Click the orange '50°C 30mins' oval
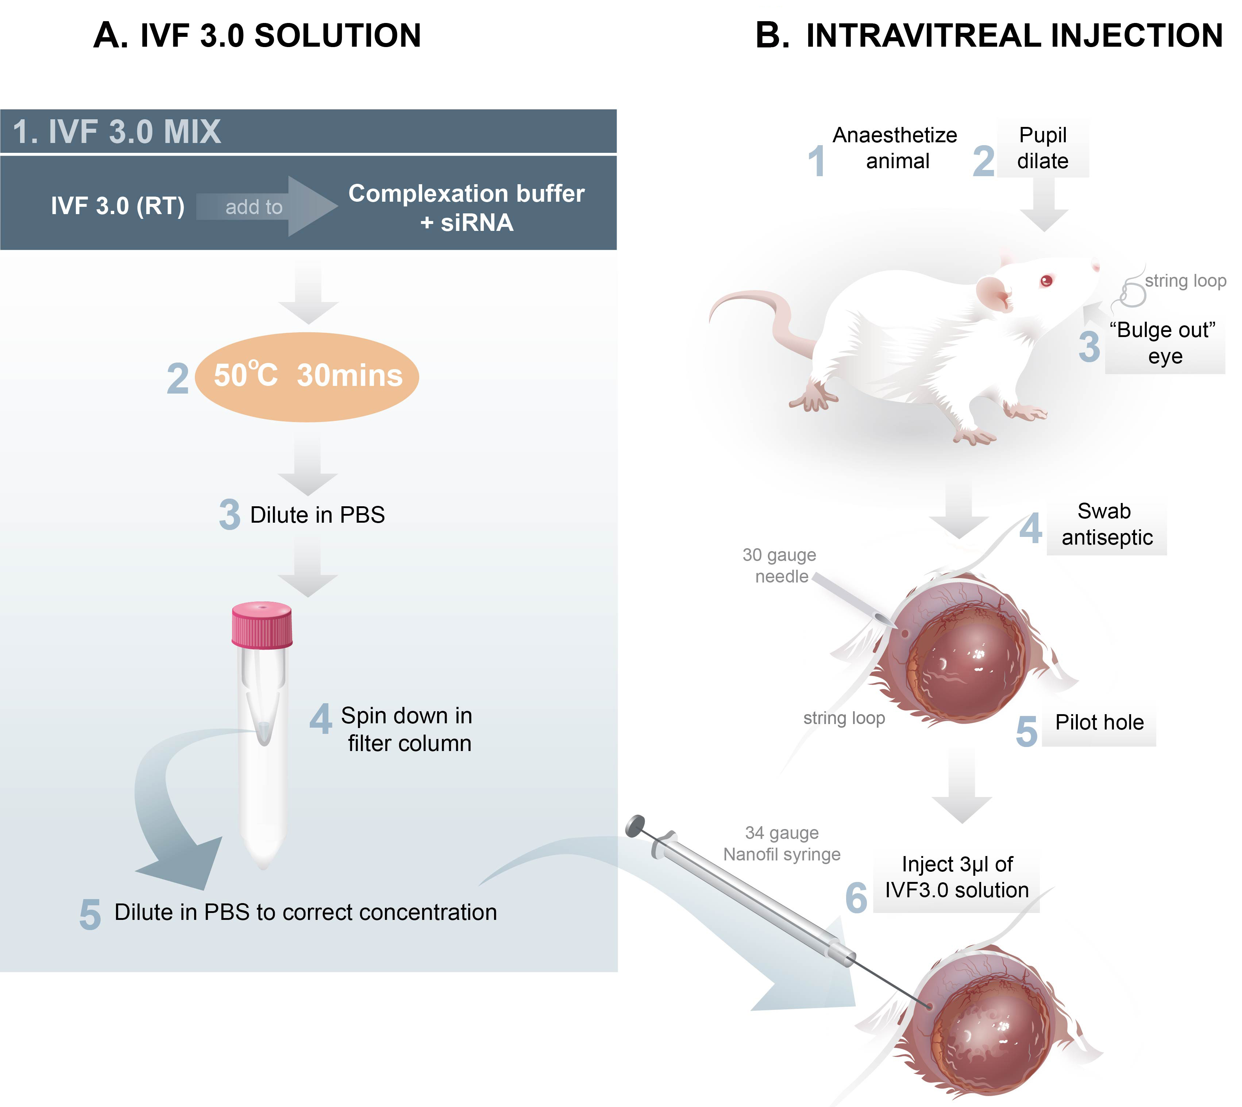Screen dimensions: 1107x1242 (307, 376)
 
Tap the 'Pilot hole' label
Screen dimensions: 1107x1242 (1099, 723)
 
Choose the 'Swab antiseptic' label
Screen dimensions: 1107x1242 (1106, 524)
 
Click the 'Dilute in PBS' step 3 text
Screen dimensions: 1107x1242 (317, 515)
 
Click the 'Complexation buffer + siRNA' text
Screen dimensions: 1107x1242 (466, 208)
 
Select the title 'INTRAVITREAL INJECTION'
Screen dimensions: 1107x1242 (1014, 35)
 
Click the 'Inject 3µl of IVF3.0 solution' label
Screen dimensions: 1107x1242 (957, 877)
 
